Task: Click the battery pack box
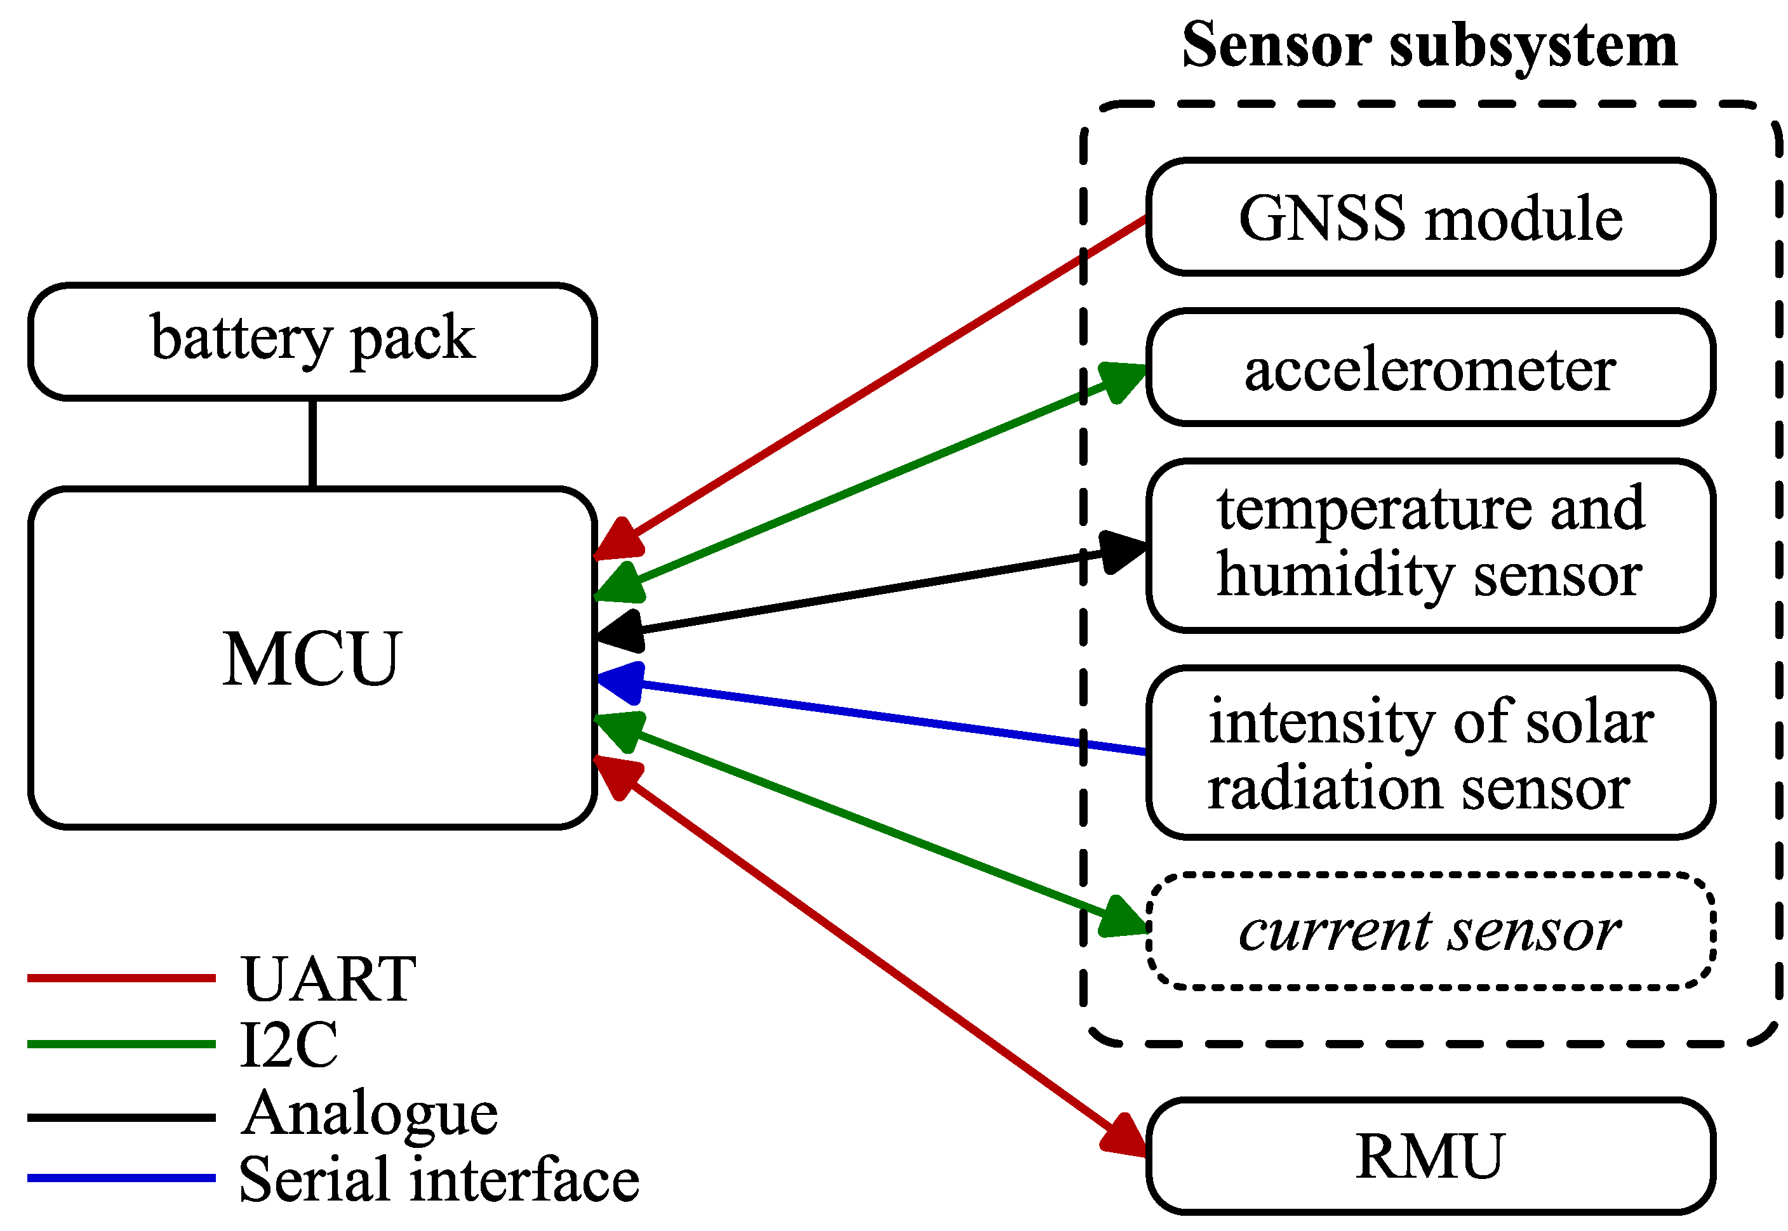click(x=312, y=341)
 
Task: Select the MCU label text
click(x=312, y=658)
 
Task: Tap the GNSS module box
click(x=1429, y=217)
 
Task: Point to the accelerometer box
click(x=1429, y=368)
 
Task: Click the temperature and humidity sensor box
click(x=1429, y=544)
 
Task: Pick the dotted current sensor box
click(x=1429, y=931)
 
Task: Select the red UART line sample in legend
click(x=121, y=978)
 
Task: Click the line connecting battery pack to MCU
click(x=312, y=443)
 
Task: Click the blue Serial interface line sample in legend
click(x=121, y=1178)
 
